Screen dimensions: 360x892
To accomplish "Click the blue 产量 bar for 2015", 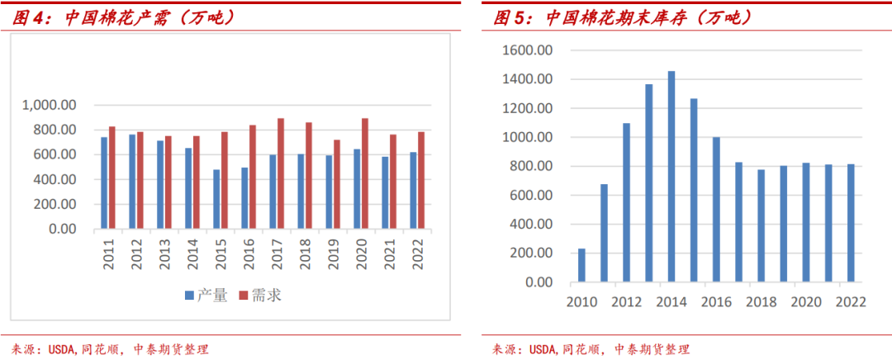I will coord(217,199).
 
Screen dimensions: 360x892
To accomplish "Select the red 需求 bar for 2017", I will coord(281,173).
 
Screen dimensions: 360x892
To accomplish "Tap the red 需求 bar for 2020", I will coord(365,173).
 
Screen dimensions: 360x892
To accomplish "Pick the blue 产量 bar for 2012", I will coord(132,182).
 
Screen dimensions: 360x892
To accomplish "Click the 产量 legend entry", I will coord(205,295).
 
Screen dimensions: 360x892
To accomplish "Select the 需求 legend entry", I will coord(260,295).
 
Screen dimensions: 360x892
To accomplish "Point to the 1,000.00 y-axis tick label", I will coord(50,105).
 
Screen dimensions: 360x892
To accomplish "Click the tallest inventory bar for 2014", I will coord(671,177).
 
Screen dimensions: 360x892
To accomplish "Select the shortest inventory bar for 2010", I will coord(581,265).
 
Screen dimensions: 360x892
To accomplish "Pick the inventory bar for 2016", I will coord(715,210).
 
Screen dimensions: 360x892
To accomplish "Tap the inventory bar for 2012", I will coord(626,202).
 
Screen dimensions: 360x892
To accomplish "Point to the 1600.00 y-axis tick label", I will coord(527,50).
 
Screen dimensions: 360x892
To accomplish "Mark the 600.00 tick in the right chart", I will coord(530,196).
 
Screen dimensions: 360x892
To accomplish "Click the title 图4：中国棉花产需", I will coord(124,17).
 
